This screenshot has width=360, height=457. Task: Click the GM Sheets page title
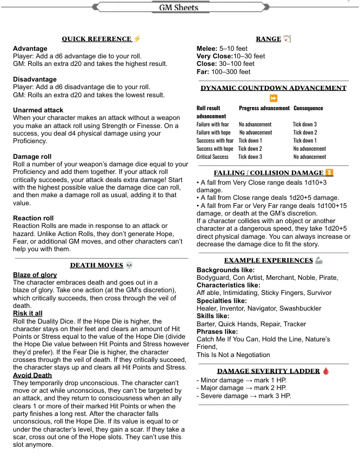(x=179, y=8)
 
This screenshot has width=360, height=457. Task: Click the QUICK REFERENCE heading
(x=97, y=39)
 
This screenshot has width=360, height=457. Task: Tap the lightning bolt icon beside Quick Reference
(x=137, y=39)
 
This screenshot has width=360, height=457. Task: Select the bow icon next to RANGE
(x=287, y=39)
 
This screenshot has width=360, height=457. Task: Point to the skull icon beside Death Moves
(x=129, y=265)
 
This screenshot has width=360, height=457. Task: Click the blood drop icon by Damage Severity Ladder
(x=325, y=371)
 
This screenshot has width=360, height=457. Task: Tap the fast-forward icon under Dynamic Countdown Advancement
(x=274, y=98)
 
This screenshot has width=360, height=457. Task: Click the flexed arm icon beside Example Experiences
(x=318, y=260)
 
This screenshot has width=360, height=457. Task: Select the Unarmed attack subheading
(x=38, y=110)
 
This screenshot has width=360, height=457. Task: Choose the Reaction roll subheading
(x=36, y=218)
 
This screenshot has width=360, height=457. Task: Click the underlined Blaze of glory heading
(x=35, y=275)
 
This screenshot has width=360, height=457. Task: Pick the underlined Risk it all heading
(x=28, y=313)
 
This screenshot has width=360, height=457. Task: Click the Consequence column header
(x=308, y=109)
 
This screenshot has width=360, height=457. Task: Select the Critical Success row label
(x=212, y=157)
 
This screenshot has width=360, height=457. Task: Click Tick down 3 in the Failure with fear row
(x=305, y=124)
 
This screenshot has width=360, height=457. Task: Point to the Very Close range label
(x=214, y=56)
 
